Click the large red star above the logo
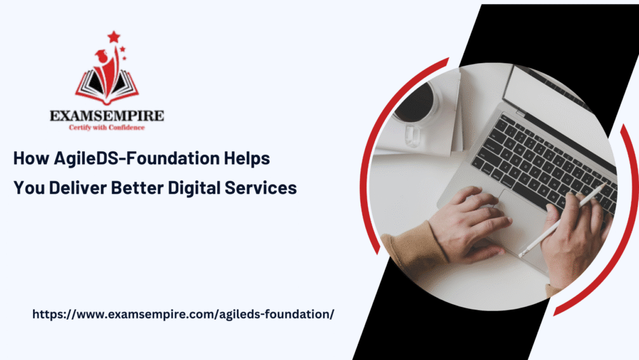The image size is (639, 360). pyautogui.click(x=114, y=37)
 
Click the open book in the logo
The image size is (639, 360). pyautogui.click(x=107, y=86)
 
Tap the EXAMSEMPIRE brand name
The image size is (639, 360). pyautogui.click(x=107, y=116)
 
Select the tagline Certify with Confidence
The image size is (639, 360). pyautogui.click(x=107, y=128)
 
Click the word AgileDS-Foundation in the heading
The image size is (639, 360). pyautogui.click(x=137, y=158)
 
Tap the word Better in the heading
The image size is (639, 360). pyautogui.click(x=137, y=188)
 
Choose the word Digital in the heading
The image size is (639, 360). pyautogui.click(x=194, y=188)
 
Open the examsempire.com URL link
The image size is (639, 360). pyautogui.click(x=184, y=314)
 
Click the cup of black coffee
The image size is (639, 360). pyautogui.click(x=414, y=102)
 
